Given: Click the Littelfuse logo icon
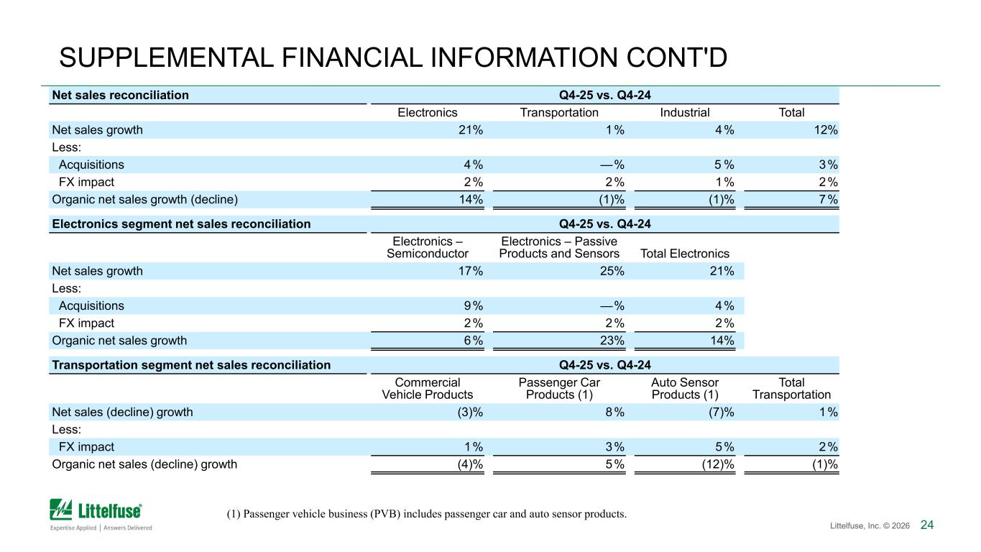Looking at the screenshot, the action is (61, 510).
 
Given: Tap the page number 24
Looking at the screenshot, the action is (926, 525).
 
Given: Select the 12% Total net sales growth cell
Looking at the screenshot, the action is (826, 130).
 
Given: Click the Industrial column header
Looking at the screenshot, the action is (684, 113).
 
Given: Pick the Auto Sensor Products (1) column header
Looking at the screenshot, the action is (684, 389).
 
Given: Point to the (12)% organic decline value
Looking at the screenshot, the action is (718, 464).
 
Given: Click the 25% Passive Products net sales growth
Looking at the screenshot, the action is (612, 271).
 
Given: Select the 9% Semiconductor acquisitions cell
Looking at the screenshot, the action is (473, 305).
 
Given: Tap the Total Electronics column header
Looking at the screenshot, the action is (684, 254).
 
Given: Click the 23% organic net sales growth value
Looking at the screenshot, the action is (612, 341).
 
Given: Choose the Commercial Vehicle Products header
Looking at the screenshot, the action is (427, 389).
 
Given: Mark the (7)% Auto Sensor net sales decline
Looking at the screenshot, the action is (722, 413).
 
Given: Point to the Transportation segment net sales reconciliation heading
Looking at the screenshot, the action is (191, 365).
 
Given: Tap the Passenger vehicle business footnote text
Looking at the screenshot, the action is (427, 514).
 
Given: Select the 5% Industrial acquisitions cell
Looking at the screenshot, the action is (724, 165).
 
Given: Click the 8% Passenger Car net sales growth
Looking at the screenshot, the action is (615, 413).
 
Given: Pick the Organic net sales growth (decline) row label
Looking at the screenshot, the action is (145, 200).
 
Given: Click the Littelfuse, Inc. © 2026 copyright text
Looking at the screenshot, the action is (870, 525).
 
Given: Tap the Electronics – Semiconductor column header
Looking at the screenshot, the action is (427, 247).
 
